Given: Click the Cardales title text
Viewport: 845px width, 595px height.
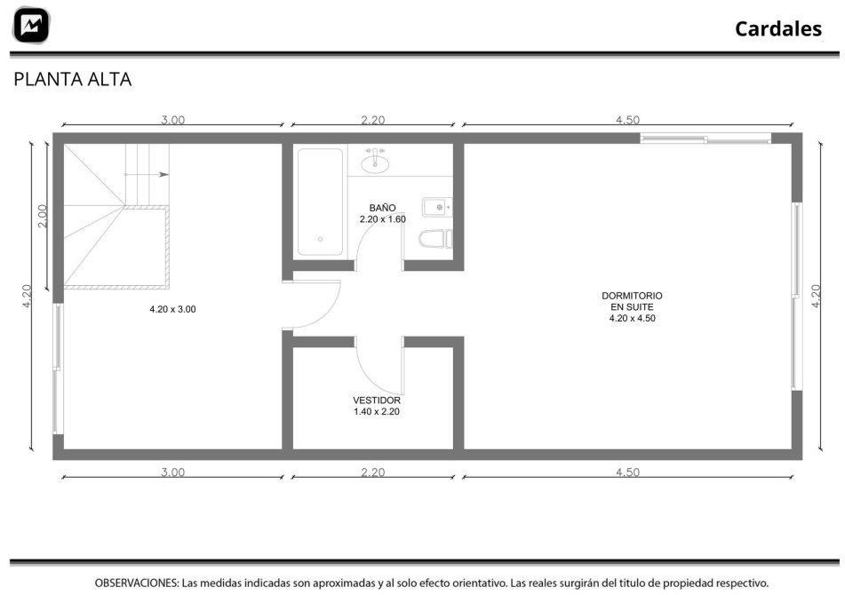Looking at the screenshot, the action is pyautogui.click(x=778, y=28).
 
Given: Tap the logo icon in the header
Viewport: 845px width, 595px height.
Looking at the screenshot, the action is pyautogui.click(x=31, y=25).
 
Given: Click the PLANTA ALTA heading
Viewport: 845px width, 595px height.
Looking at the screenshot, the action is pyautogui.click(x=72, y=80).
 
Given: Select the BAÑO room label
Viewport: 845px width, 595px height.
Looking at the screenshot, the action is pyautogui.click(x=383, y=208).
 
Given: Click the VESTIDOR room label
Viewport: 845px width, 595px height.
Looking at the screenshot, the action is pyautogui.click(x=377, y=401).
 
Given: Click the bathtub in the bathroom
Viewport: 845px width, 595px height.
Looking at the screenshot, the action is pyautogui.click(x=320, y=202).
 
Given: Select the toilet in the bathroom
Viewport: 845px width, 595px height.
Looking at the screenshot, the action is pyautogui.click(x=435, y=239).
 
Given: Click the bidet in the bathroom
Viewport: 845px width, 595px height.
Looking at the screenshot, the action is pyautogui.click(x=436, y=207).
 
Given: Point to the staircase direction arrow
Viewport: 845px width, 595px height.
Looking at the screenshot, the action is pyautogui.click(x=147, y=174).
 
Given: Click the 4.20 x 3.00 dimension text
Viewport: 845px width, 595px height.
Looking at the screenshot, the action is pyautogui.click(x=172, y=310).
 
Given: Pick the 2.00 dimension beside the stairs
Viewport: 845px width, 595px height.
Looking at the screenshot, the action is pyautogui.click(x=43, y=216).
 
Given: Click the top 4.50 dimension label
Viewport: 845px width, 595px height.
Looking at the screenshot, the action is pyautogui.click(x=628, y=120).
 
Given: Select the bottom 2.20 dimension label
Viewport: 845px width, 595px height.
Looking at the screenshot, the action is pyautogui.click(x=373, y=472).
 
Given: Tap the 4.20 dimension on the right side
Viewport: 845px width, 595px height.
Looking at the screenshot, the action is pyautogui.click(x=816, y=296).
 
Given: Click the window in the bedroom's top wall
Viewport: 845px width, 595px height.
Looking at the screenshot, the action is pyautogui.click(x=706, y=139).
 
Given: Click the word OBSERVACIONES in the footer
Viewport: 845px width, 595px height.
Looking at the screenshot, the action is pyautogui.click(x=136, y=583).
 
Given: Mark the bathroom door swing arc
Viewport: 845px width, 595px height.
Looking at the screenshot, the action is pyautogui.click(x=370, y=232).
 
